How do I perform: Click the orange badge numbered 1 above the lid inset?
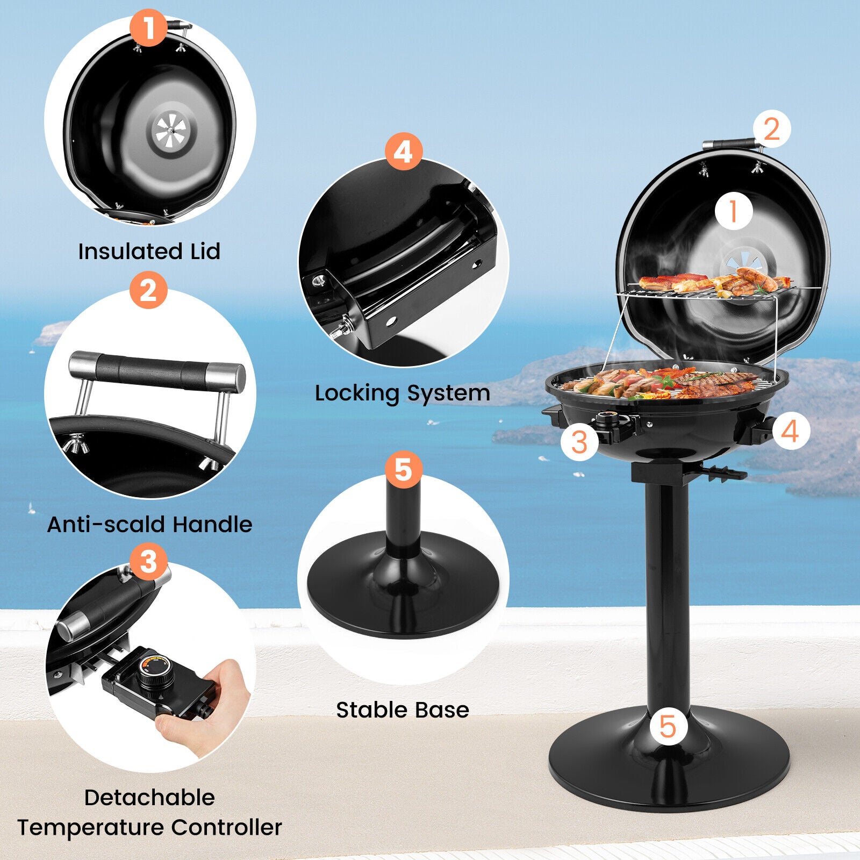(x=148, y=28)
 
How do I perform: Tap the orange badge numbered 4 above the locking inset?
(x=403, y=151)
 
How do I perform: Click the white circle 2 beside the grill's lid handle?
(x=771, y=129)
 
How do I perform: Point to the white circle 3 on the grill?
(x=579, y=442)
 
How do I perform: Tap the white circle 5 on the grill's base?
(x=668, y=727)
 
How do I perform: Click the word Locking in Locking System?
(x=356, y=393)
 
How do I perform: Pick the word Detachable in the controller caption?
(x=149, y=798)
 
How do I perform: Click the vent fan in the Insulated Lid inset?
(x=170, y=131)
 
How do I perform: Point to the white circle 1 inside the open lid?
(x=734, y=211)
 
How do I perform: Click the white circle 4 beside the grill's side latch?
(x=790, y=431)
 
